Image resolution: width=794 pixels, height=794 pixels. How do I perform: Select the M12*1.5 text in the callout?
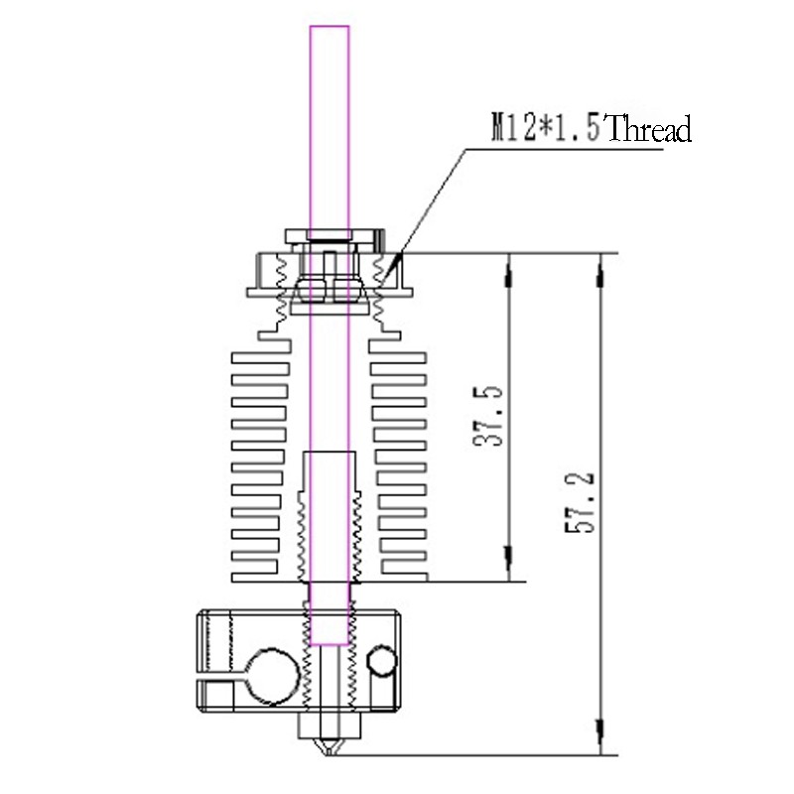[x=547, y=129]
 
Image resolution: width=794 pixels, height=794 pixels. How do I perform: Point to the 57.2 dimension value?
[x=582, y=501]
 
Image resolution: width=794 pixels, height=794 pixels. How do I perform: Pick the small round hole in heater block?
[x=380, y=662]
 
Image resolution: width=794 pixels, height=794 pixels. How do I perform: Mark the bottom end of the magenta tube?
[x=331, y=643]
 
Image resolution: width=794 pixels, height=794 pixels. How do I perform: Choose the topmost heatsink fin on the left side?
[x=260, y=355]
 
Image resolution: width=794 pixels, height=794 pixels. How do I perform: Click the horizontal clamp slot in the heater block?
[x=223, y=685]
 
